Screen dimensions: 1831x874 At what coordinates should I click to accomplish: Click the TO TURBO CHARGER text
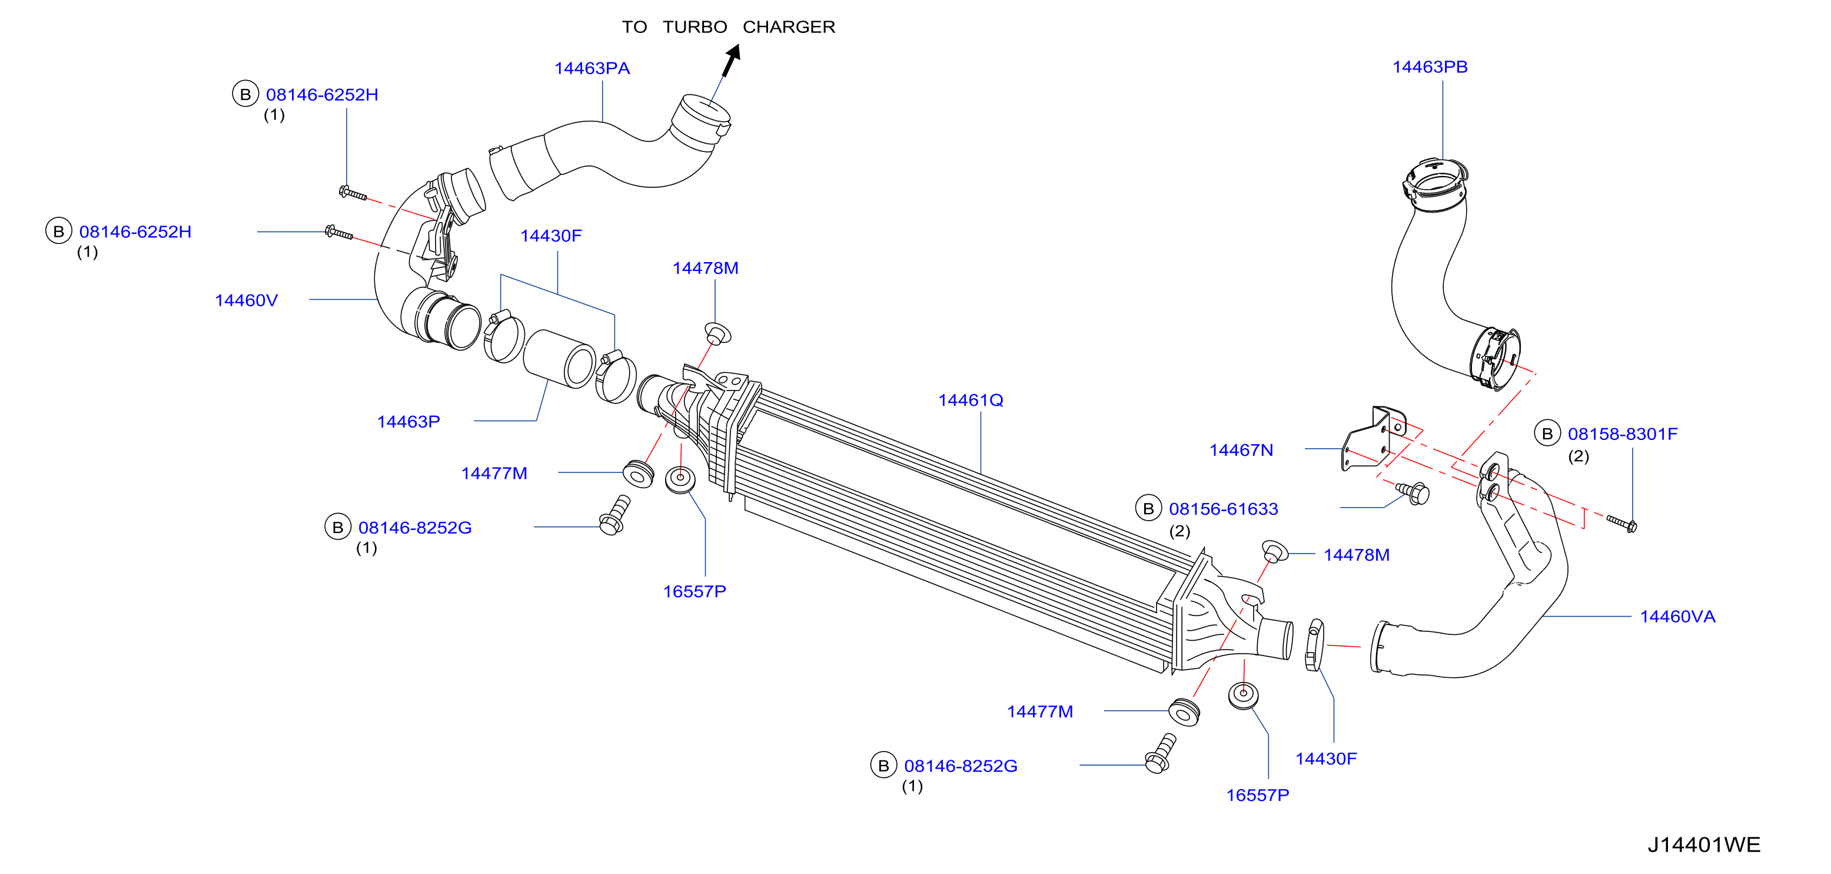(x=729, y=27)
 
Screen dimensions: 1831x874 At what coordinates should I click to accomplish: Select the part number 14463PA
(x=592, y=68)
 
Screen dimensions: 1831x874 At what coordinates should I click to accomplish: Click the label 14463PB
(x=1430, y=67)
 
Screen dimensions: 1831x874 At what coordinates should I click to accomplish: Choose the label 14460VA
(x=1677, y=617)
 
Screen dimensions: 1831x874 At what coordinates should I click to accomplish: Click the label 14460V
(x=246, y=300)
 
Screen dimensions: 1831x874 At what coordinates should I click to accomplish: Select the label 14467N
(x=1241, y=450)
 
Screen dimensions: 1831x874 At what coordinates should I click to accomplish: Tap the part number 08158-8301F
(x=1622, y=434)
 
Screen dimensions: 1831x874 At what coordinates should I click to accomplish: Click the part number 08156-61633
(x=1223, y=509)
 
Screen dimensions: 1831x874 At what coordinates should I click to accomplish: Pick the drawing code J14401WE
(x=1704, y=845)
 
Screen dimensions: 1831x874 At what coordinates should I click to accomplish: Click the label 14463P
(x=408, y=422)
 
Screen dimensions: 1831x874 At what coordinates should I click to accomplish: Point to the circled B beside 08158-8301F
(x=1547, y=433)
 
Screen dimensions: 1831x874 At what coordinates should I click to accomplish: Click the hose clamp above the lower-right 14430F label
(x=1315, y=645)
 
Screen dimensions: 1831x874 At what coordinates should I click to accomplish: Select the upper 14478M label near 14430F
(x=705, y=268)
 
